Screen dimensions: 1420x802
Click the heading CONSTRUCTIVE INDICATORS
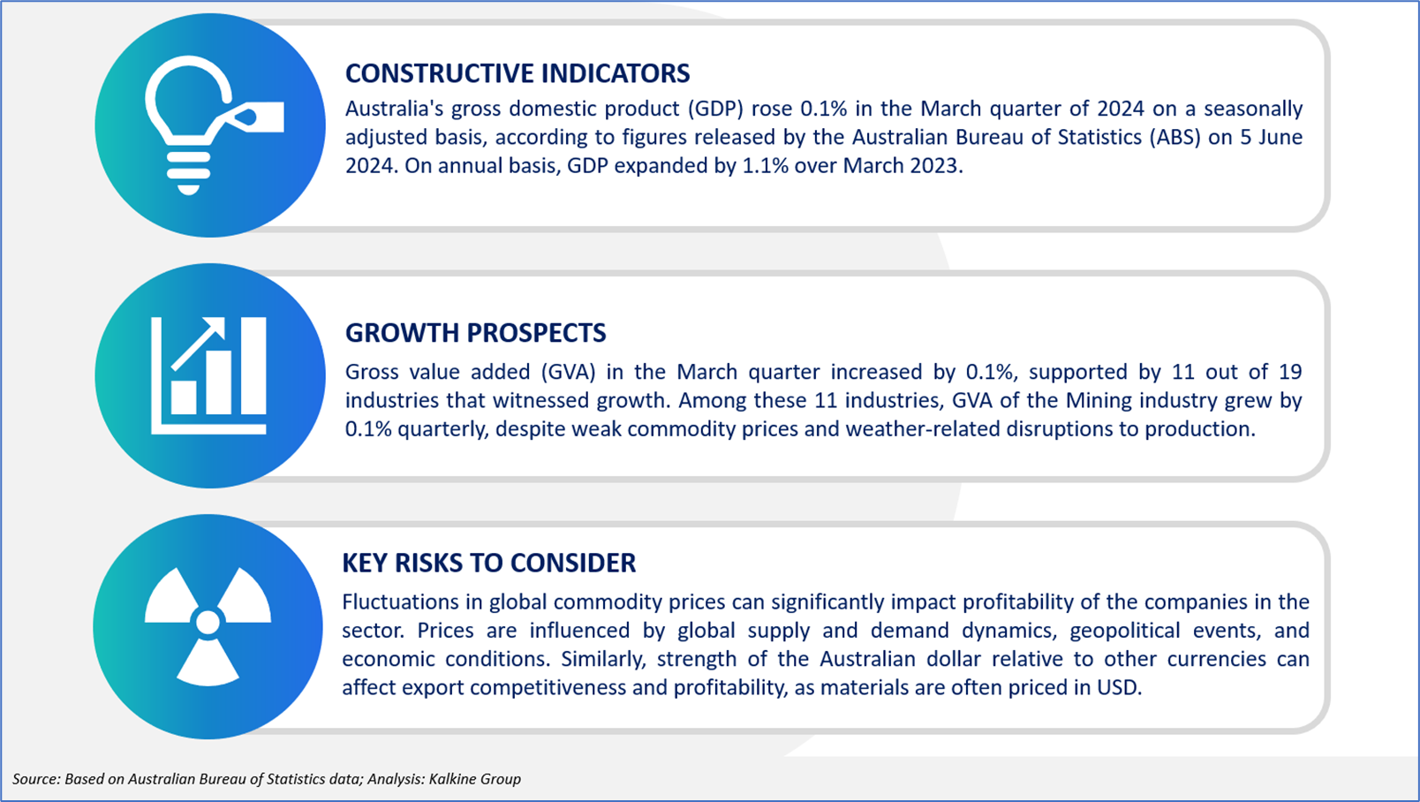[x=517, y=73]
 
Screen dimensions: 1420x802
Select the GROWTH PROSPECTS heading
[x=475, y=333]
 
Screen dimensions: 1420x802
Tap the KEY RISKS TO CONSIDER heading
[x=488, y=563]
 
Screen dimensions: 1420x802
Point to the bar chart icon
[x=208, y=375]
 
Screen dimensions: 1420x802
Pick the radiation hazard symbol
[x=208, y=625]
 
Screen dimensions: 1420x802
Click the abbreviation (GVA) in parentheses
[x=569, y=372]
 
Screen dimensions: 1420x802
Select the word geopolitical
[x=1125, y=631]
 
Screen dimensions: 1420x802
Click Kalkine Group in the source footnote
[x=475, y=779]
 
